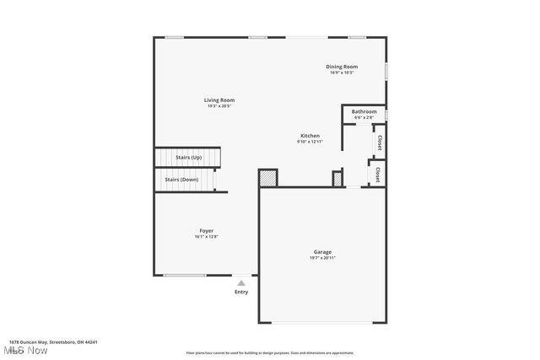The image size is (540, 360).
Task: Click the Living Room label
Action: [219, 100]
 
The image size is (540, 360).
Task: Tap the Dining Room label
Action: [342, 67]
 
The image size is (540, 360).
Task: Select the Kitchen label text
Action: [310, 136]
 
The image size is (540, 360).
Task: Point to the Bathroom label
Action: [364, 111]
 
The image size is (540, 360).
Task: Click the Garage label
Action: [322, 251]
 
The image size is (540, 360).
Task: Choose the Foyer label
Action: [206, 230]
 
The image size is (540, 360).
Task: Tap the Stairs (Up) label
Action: [188, 158]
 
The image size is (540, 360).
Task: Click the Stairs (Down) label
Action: [181, 180]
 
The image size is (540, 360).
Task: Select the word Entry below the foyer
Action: [241, 292]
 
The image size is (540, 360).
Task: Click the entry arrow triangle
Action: [241, 283]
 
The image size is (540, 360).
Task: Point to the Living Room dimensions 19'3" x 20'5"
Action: [219, 106]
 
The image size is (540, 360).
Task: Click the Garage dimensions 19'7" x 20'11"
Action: [322, 257]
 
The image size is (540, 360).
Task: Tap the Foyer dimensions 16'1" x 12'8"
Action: [206, 236]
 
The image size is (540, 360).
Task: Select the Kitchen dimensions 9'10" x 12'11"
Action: [310, 142]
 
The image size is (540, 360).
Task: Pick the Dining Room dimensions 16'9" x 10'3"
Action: [342, 73]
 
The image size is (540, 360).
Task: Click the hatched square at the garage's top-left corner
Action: [267, 178]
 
